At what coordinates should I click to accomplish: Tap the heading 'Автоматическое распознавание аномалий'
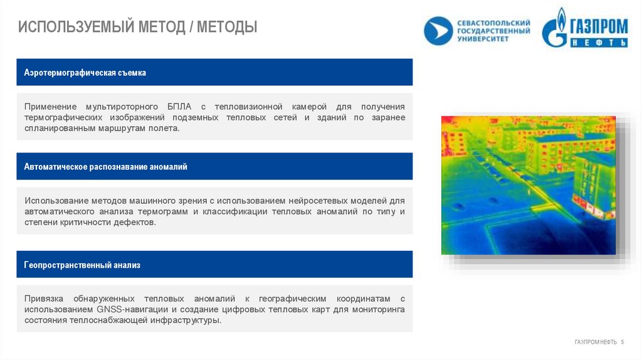tap(105, 167)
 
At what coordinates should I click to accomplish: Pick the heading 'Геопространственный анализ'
tap(82, 265)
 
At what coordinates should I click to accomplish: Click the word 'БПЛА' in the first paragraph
tap(176, 107)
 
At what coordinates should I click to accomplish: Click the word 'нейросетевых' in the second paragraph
tap(316, 201)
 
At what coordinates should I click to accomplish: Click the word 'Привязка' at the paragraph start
tap(43, 299)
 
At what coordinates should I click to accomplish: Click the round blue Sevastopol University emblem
tap(438, 31)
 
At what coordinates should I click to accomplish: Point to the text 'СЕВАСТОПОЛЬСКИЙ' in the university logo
tap(493, 23)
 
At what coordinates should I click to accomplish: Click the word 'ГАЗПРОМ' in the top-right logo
tap(598, 26)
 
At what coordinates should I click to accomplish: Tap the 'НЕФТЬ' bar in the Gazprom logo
tap(599, 43)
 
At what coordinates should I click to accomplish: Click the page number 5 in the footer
tap(623, 342)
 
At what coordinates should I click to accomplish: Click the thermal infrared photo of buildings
tap(528, 185)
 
